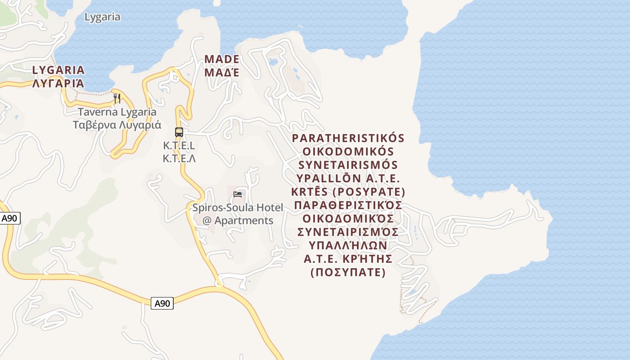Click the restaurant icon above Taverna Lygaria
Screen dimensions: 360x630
(117, 98)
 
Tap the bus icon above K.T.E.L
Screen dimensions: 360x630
(179, 132)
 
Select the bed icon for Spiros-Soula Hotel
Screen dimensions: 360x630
(238, 194)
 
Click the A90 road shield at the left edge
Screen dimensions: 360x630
(9, 219)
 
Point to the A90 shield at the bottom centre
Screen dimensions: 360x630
(162, 303)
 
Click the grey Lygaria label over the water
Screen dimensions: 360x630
(103, 17)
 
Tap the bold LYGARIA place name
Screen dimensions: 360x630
(58, 70)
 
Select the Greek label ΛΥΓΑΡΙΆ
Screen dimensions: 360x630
(58, 83)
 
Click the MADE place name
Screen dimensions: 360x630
(222, 59)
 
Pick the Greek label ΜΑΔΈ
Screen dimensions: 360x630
(222, 72)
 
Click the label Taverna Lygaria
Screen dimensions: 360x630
(117, 112)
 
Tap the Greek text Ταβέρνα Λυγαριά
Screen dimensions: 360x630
(117, 125)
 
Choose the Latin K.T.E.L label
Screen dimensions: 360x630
(179, 146)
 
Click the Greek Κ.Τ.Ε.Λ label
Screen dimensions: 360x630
(179, 158)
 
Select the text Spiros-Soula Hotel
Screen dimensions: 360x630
(238, 208)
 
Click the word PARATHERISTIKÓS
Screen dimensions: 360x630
(348, 138)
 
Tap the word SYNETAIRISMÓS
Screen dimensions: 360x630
(348, 165)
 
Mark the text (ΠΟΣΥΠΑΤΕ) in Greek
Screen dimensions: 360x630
(348, 273)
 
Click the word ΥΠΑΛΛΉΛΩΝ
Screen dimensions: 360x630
(348, 246)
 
